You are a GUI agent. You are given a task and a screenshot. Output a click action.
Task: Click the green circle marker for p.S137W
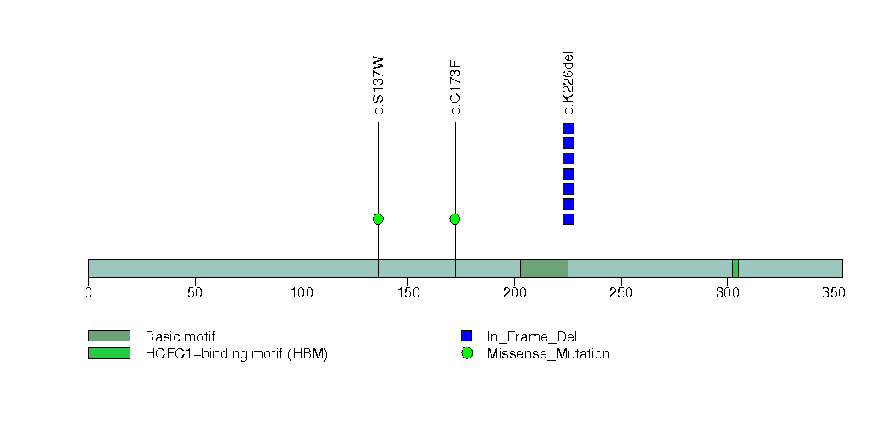(x=378, y=219)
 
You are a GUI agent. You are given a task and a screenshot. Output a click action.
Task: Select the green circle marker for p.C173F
(x=455, y=219)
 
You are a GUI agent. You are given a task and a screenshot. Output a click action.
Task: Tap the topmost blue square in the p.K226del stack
(x=568, y=129)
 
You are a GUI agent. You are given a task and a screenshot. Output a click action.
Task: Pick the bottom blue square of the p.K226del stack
(x=568, y=219)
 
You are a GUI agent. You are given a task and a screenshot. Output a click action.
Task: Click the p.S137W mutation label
(x=379, y=86)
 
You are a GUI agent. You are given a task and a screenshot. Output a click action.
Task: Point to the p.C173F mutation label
(x=456, y=88)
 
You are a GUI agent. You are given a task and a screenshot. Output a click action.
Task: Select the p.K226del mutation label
(x=568, y=83)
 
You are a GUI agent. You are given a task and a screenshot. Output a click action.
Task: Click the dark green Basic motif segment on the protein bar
(x=543, y=269)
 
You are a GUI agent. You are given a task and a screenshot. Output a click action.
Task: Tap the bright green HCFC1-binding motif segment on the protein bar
(x=735, y=269)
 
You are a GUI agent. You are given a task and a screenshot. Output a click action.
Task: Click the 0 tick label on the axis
(x=88, y=292)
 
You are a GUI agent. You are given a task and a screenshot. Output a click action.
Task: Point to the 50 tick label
(x=195, y=292)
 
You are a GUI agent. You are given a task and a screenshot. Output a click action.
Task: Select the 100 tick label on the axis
(x=301, y=292)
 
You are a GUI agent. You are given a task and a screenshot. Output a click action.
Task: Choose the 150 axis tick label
(x=407, y=292)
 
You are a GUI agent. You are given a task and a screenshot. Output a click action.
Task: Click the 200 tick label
(x=514, y=292)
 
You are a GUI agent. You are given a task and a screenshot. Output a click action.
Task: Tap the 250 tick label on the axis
(x=621, y=292)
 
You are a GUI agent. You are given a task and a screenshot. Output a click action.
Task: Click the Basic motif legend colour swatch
(x=108, y=336)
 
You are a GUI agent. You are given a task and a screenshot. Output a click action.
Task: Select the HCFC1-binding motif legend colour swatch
(x=108, y=353)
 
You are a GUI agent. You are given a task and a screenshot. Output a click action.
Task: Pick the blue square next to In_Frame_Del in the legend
(x=466, y=336)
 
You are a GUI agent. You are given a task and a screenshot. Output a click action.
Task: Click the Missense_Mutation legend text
(x=547, y=354)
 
